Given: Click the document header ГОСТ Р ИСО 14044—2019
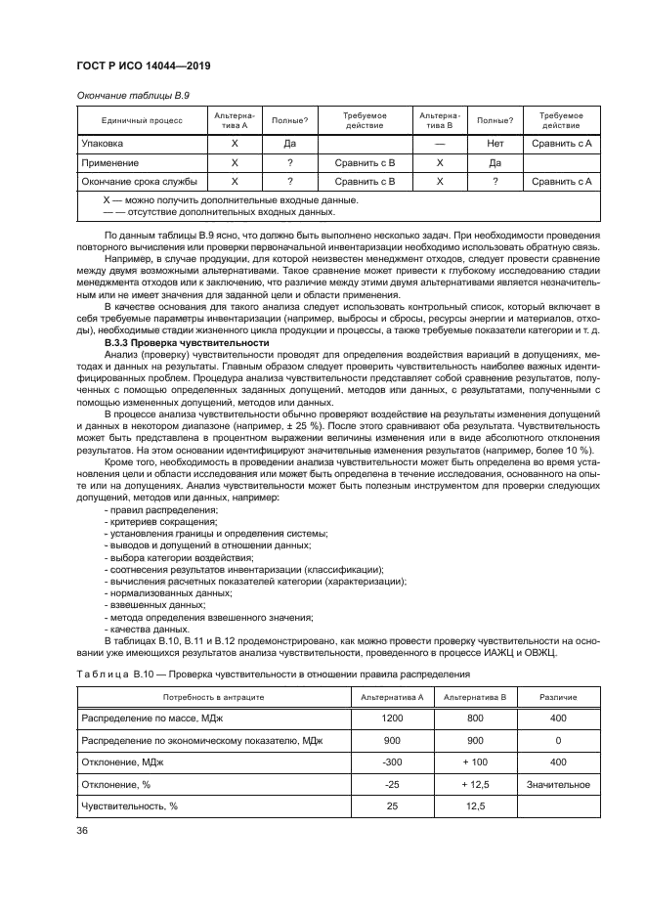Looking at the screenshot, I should [x=143, y=66].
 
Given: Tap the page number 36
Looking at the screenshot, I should [x=81, y=831].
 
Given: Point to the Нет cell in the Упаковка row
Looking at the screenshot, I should [x=495, y=144].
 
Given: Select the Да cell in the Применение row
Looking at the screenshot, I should [x=495, y=162].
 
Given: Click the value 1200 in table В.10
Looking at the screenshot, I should [x=392, y=719].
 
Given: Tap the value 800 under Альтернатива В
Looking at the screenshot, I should [x=474, y=719].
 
